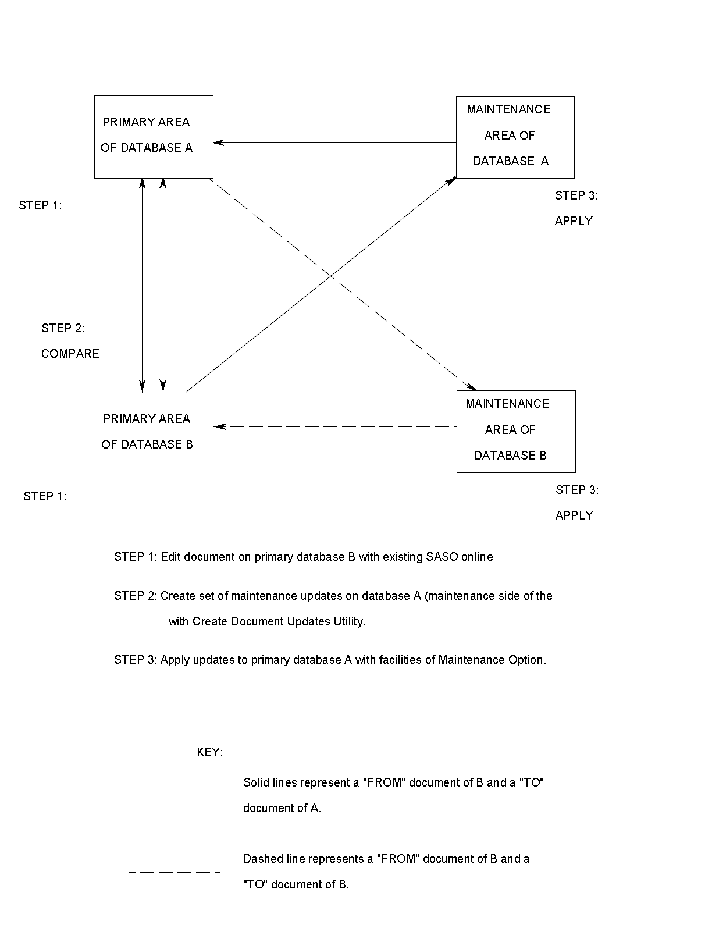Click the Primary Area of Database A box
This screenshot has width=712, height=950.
154,137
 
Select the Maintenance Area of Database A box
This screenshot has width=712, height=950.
515,137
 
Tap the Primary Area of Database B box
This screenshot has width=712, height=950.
154,433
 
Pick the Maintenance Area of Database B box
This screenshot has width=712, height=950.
516,431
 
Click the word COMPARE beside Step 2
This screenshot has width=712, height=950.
70,354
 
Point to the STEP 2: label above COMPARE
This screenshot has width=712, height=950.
63,328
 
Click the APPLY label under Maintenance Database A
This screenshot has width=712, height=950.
574,221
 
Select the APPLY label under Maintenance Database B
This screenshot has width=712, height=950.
574,515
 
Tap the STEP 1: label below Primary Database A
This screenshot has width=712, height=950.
40,205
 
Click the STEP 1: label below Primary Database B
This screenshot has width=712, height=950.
45,496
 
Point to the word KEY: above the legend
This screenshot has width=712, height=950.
210,752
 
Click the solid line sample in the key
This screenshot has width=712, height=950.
175,795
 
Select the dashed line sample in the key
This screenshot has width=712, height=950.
175,872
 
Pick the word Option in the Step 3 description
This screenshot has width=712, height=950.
527,660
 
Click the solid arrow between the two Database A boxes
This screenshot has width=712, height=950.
334,142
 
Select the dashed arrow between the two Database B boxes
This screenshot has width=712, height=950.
334,426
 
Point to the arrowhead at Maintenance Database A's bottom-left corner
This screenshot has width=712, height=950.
450,182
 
